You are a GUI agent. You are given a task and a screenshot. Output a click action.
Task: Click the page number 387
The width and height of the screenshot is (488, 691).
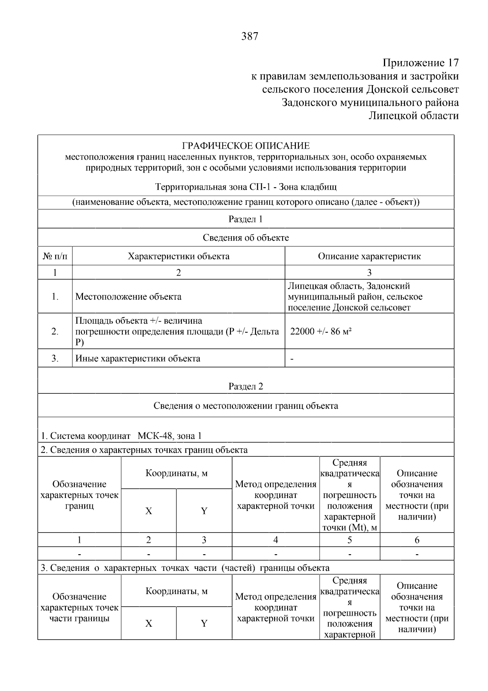tap(250, 37)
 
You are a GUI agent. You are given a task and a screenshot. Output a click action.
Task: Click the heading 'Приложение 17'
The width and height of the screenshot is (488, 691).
tap(420, 63)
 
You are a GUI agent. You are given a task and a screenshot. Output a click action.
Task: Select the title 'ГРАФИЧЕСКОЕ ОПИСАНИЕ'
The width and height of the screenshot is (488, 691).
tap(246, 146)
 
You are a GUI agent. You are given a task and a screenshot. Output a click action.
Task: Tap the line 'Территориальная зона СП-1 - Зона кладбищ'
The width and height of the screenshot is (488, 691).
tap(246, 187)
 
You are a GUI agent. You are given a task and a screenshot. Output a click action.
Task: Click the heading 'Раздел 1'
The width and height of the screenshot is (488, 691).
tap(246, 219)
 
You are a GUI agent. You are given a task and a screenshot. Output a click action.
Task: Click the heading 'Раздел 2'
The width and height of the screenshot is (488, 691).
tap(246, 386)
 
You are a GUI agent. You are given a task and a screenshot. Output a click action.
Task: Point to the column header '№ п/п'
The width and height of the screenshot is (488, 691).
tap(55, 256)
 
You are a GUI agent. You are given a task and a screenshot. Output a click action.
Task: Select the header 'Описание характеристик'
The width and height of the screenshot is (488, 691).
tap(369, 256)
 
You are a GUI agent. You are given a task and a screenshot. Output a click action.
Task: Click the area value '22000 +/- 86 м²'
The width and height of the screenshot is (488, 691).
tap(320, 331)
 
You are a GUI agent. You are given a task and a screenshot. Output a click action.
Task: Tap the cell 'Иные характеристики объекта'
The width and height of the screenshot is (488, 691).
tap(138, 358)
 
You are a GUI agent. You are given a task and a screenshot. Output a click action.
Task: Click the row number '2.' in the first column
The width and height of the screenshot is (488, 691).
tap(55, 331)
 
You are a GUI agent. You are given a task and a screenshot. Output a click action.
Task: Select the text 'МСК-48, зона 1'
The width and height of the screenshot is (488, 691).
tap(170, 436)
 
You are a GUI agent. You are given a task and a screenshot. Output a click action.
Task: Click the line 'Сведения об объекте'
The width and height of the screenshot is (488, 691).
tap(246, 237)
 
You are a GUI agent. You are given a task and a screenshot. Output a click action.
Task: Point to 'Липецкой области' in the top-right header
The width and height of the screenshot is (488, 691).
tap(413, 116)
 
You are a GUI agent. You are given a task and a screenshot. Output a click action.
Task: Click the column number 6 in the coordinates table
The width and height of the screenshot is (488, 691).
tap(417, 540)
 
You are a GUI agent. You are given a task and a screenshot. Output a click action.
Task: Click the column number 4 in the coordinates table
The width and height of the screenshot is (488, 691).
tap(276, 540)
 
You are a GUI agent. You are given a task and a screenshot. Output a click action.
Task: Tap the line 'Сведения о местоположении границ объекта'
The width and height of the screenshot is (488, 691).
tap(246, 406)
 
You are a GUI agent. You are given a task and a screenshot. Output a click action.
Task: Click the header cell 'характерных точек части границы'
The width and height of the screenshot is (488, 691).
tap(79, 613)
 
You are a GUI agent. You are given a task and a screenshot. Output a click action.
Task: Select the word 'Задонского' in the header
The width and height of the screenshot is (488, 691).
tap(309, 102)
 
